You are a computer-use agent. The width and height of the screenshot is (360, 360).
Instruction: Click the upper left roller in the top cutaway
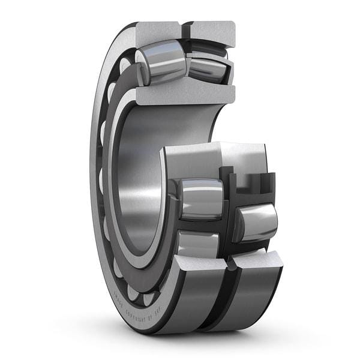pos(161,61)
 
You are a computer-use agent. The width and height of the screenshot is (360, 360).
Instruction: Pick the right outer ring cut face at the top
pos(212,32)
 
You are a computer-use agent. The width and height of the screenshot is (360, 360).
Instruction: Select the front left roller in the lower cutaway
pos(200,199)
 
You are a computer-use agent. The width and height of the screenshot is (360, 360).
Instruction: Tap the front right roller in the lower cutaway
pos(256,222)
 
